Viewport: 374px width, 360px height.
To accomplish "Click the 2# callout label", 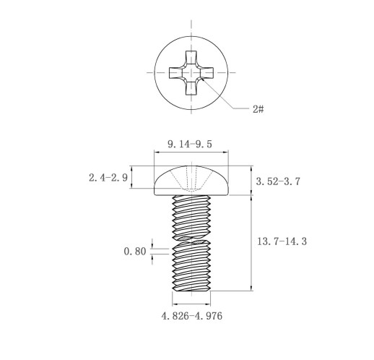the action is click(x=258, y=109).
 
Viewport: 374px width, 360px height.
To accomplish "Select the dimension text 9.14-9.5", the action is click(x=190, y=144).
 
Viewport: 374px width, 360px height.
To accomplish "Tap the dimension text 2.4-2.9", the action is click(x=108, y=178).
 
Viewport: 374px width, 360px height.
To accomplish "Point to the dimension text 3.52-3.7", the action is click(x=278, y=181).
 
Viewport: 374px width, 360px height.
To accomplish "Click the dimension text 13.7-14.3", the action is click(x=282, y=241).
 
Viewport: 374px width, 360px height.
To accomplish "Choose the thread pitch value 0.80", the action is click(x=135, y=252).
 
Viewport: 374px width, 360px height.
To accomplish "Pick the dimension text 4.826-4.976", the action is click(x=192, y=316).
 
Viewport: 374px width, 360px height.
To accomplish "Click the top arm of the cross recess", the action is click(x=191, y=57).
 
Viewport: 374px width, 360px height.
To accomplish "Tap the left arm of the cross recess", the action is click(x=175, y=72).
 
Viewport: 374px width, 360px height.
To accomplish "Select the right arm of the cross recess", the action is click(x=206, y=72).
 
